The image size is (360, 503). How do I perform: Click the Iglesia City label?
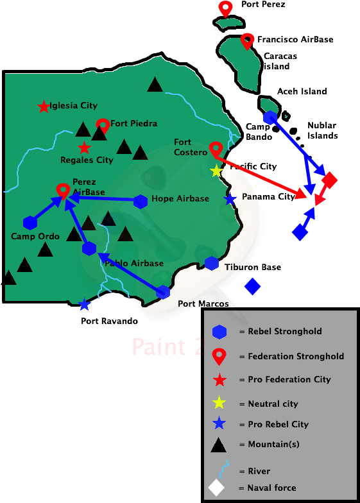(x=73, y=106)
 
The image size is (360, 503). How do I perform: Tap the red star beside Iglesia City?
(x=43, y=107)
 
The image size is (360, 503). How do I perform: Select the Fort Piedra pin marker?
(x=103, y=124)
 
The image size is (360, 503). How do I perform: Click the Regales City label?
(x=87, y=160)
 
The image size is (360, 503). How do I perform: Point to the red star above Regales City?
(x=84, y=148)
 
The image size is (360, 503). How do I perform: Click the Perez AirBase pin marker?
(x=63, y=190)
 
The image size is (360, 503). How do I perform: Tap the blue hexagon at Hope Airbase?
(x=141, y=201)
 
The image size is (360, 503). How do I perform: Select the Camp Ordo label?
(x=35, y=236)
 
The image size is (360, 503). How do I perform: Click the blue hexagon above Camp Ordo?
(x=30, y=223)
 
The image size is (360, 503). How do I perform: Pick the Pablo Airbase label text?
(x=133, y=263)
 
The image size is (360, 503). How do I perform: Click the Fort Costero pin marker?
(x=216, y=149)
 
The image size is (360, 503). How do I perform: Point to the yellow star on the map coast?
(x=216, y=171)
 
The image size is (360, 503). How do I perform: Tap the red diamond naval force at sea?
(x=329, y=180)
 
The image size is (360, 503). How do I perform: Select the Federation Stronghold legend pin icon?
(x=219, y=355)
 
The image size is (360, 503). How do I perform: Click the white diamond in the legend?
(x=217, y=488)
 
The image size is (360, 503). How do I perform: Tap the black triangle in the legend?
(x=219, y=444)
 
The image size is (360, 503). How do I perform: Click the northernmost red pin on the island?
(x=225, y=8)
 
